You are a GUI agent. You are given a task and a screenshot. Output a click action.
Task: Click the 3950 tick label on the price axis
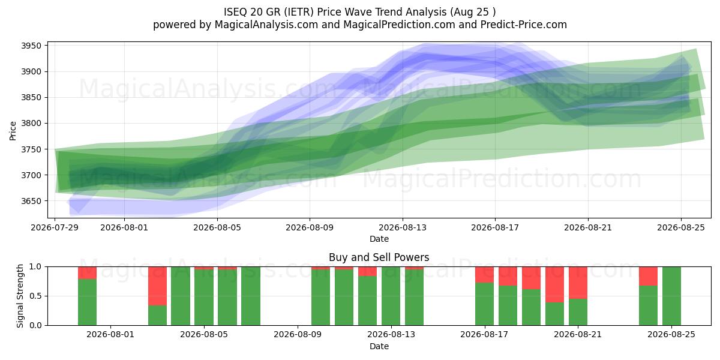pyautogui.click(x=31, y=46)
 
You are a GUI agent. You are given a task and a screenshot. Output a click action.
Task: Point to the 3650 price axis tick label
pyautogui.click(x=31, y=201)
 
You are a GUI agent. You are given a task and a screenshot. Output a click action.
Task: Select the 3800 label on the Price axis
pyautogui.click(x=31, y=124)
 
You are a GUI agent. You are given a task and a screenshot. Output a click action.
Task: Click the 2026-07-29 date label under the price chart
pyautogui.click(x=55, y=227)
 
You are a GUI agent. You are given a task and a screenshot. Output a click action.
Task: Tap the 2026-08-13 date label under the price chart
pyautogui.click(x=403, y=227)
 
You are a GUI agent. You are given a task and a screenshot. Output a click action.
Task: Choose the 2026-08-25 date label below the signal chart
pyautogui.click(x=671, y=334)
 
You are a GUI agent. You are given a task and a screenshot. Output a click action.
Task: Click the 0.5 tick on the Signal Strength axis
pyautogui.click(x=35, y=296)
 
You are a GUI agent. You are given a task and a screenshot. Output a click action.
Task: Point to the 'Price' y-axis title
pyautogui.click(x=13, y=131)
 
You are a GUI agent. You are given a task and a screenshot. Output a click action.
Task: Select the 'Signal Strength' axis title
pyautogui.click(x=20, y=296)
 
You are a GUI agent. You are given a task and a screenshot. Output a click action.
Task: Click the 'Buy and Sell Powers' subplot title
pyautogui.click(x=379, y=257)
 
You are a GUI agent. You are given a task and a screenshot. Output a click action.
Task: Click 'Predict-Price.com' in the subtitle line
pyautogui.click(x=524, y=25)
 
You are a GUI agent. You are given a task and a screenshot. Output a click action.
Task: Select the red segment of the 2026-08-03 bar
pyautogui.click(x=157, y=286)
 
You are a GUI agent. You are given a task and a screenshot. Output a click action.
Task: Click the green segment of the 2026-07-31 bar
pyautogui.click(x=87, y=302)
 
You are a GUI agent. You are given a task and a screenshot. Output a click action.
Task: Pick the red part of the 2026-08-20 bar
pyautogui.click(x=554, y=284)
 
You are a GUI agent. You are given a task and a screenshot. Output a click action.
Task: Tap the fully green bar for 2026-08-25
pyautogui.click(x=671, y=296)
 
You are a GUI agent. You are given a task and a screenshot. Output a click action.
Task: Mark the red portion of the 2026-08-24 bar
pyautogui.click(x=648, y=276)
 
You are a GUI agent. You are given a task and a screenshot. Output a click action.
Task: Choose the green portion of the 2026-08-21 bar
pyautogui.click(x=578, y=312)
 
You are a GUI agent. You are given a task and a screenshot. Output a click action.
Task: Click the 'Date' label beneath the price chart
pyautogui.click(x=379, y=239)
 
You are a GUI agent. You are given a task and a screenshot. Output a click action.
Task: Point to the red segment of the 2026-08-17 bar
pyautogui.click(x=484, y=275)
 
